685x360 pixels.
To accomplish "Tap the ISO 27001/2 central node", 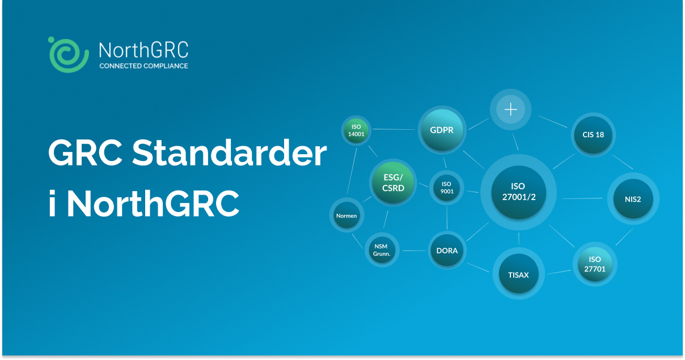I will tap(518, 192).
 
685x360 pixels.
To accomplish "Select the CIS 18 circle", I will tap(593, 135).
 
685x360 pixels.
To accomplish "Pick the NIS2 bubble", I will tap(633, 199).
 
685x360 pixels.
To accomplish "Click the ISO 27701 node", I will tap(595, 264).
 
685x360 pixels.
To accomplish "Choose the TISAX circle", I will tap(518, 275).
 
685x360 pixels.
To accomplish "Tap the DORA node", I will tap(447, 251).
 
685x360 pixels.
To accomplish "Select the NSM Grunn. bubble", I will tap(380, 250).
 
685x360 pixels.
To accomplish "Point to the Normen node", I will tap(346, 216).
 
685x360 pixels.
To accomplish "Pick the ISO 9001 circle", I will tap(446, 188).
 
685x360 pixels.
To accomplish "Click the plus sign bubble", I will tap(511, 109).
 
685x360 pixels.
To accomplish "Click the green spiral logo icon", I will tap(69, 54).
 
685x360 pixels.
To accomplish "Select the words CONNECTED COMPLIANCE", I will tap(143, 66).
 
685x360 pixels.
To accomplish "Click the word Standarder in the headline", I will tap(230, 153).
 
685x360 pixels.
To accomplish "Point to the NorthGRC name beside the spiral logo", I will tap(143, 50).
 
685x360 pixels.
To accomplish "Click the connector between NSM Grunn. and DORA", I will tap(413, 251).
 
